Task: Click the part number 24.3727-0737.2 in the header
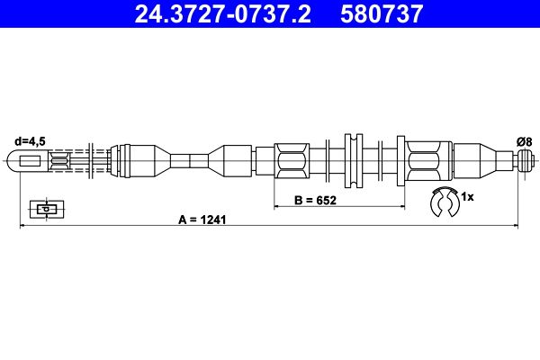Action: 223,14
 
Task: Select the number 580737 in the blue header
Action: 382,14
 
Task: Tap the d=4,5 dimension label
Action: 30,141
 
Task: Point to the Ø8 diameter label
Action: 525,141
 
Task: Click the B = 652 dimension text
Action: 315,200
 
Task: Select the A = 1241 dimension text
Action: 202,220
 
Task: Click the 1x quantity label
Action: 467,197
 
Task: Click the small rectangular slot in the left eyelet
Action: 31,161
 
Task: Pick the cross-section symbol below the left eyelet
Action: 47,209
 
